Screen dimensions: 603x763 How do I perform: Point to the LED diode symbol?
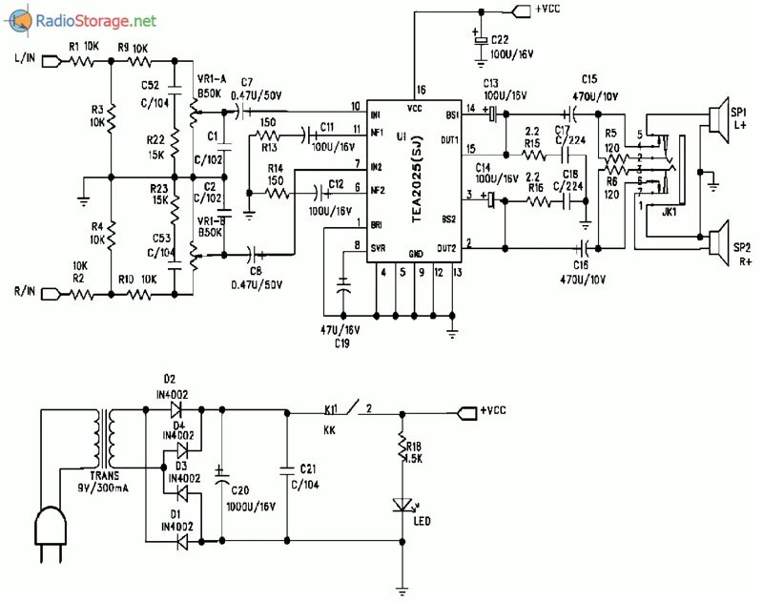tap(402, 505)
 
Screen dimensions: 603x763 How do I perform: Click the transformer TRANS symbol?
tap(104, 440)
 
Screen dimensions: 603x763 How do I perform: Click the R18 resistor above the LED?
tap(402, 450)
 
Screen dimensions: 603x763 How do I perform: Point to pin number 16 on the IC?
tap(421, 89)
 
